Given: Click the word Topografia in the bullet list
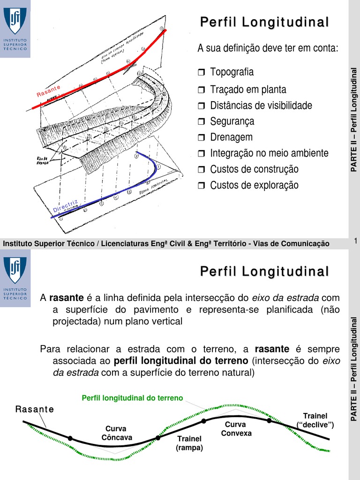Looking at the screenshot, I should (232, 72).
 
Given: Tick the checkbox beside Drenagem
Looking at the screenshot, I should (202, 138).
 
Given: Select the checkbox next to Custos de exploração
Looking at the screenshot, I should (202, 186).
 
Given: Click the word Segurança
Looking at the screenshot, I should (232, 121).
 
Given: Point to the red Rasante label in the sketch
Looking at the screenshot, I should (49, 91).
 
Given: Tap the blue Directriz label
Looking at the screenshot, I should (65, 206).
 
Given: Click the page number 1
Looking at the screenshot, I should (356, 241).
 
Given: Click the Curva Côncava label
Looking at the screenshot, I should (117, 433).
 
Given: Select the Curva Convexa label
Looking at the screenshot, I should (236, 429).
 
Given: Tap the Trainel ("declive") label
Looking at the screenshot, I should (315, 420).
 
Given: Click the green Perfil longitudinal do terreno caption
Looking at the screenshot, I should (132, 398).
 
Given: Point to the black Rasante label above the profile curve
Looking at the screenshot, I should (35, 409).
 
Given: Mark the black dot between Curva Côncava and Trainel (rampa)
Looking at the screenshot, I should (158, 437).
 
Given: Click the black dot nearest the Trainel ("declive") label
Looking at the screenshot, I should (269, 421).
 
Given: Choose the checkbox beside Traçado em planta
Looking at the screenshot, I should (202, 90).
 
